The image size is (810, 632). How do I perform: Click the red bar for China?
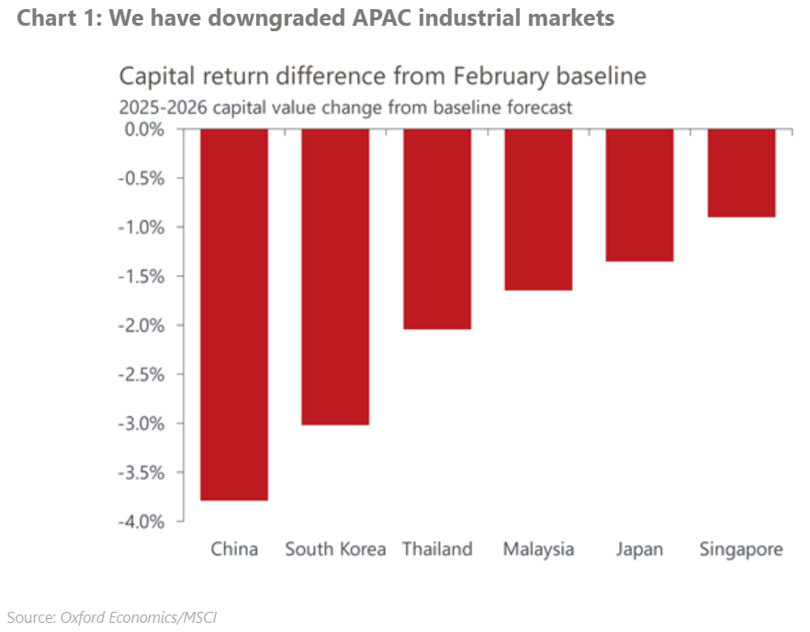click(234, 314)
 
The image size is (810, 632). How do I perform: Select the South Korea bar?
click(335, 276)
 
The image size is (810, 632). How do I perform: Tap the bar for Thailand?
click(437, 229)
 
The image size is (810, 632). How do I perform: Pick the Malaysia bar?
click(538, 209)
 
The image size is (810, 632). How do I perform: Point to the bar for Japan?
click(639, 195)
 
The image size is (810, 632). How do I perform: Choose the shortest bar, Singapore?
click(741, 173)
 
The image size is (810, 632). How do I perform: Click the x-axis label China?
click(234, 549)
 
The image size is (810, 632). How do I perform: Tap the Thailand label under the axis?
click(437, 549)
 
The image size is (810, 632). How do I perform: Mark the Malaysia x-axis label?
click(538, 549)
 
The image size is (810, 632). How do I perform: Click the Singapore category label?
click(741, 549)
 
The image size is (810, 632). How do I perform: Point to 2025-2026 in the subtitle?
click(160, 107)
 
